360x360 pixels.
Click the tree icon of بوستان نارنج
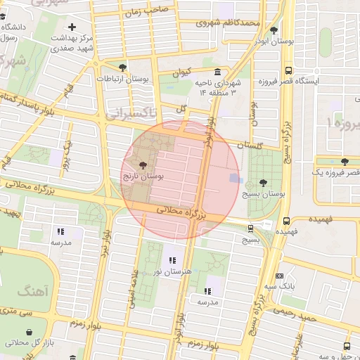144,165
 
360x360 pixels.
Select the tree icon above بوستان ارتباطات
123,67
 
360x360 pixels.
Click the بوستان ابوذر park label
273,41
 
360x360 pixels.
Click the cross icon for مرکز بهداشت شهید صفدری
72,27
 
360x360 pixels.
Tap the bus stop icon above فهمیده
285,219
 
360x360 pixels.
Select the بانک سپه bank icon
280,276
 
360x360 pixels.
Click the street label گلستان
249,146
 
